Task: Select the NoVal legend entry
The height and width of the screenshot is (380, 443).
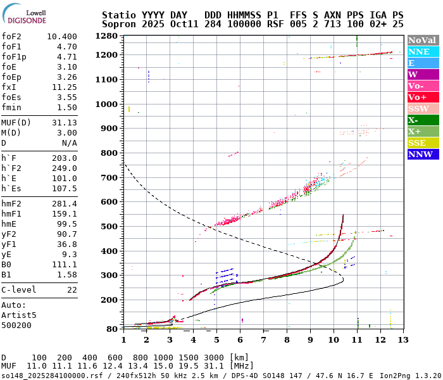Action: pos(423,40)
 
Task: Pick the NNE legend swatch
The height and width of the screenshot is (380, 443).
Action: pos(423,51)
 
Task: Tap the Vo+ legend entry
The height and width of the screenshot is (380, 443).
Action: pos(423,97)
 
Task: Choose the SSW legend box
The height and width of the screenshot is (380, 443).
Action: pos(423,108)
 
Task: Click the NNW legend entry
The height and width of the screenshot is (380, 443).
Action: pos(423,154)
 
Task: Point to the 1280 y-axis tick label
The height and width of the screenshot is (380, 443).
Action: pos(107,35)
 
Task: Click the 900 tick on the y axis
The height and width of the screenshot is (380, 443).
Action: pos(109,128)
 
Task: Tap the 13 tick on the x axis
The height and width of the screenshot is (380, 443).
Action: pos(402,340)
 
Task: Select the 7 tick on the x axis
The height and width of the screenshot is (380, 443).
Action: pos(263,340)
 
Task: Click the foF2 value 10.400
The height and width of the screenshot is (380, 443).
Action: pos(62,37)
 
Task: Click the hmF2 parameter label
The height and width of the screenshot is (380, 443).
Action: pos(13,204)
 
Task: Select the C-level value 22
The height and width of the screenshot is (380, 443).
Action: pos(72,289)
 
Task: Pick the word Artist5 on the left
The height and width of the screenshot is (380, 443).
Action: pos(19,315)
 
